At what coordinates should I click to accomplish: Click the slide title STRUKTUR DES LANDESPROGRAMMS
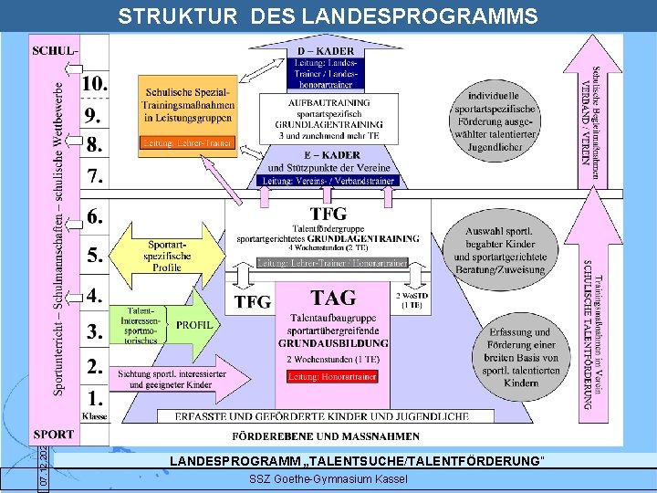328,16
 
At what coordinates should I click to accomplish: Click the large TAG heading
333,298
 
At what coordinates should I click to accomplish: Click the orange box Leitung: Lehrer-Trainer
187,142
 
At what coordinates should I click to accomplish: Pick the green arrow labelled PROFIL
194,324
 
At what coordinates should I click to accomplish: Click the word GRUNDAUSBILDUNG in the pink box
332,343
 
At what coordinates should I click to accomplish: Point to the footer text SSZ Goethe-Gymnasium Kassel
328,479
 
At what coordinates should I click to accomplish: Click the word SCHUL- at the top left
55,49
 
